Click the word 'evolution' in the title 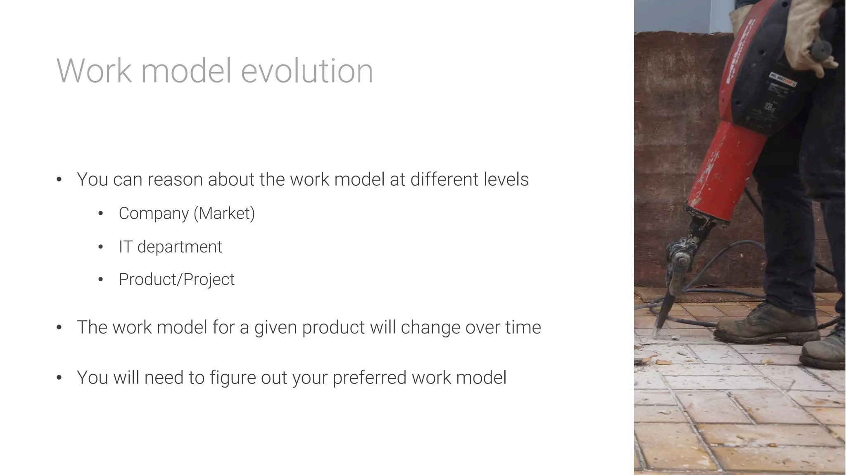[x=307, y=71]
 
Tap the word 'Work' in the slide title [x=94, y=71]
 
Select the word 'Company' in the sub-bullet [x=154, y=213]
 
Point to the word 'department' [x=180, y=247]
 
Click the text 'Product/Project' [x=176, y=279]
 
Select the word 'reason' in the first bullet [x=175, y=180]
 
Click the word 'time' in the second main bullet [x=523, y=327]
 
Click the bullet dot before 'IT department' [x=100, y=247]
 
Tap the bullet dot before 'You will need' [x=59, y=378]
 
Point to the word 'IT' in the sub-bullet [x=125, y=247]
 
